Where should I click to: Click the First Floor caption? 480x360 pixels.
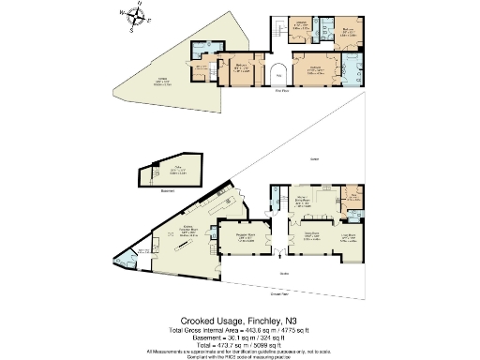pyautogui.click(x=279, y=92)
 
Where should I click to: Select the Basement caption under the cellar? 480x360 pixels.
pyautogui.click(x=144, y=191)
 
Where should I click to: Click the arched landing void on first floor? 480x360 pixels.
pyautogui.click(x=279, y=77)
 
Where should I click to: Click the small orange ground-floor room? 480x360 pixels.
pyautogui.click(x=352, y=196)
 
